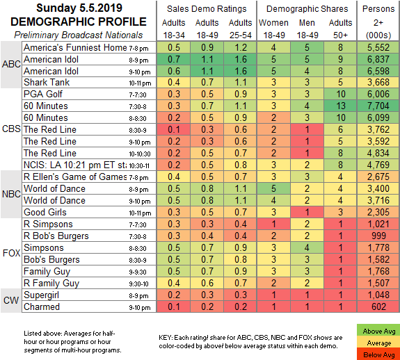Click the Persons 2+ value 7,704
[378, 106]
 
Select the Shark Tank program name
[47, 82]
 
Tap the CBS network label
[11, 129]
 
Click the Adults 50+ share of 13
[340, 106]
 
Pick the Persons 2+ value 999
[378, 236]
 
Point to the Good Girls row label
[45, 212]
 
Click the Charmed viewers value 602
[378, 306]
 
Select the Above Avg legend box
[379, 331]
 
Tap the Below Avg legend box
[379, 354]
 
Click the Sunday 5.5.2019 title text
[79, 8]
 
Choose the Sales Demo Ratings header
[207, 9]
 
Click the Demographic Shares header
[307, 9]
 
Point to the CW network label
[11, 300]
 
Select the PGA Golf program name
[43, 94]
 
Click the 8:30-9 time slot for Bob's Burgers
[138, 261]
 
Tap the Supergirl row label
[41, 295]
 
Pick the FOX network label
[11, 253]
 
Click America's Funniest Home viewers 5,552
[378, 47]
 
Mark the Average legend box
[379, 343]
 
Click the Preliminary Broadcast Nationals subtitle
[79, 35]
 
